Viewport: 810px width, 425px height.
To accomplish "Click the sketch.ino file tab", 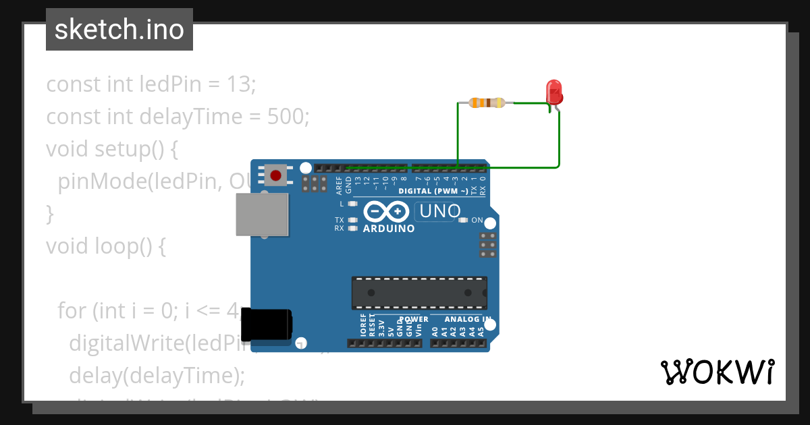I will (119, 30).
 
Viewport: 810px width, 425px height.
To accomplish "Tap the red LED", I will (553, 92).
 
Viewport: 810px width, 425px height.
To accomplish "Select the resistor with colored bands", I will (486, 103).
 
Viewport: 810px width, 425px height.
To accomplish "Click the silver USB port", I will (262, 215).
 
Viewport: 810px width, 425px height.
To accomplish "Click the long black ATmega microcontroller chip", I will (418, 293).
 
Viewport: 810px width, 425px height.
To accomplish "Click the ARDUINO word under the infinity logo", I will (389, 229).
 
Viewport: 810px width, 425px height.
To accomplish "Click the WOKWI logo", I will (717, 372).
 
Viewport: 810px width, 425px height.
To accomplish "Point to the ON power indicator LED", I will (463, 220).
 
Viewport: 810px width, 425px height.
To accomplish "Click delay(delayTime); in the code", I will (157, 375).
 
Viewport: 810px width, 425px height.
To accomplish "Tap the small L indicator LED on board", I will (352, 203).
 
